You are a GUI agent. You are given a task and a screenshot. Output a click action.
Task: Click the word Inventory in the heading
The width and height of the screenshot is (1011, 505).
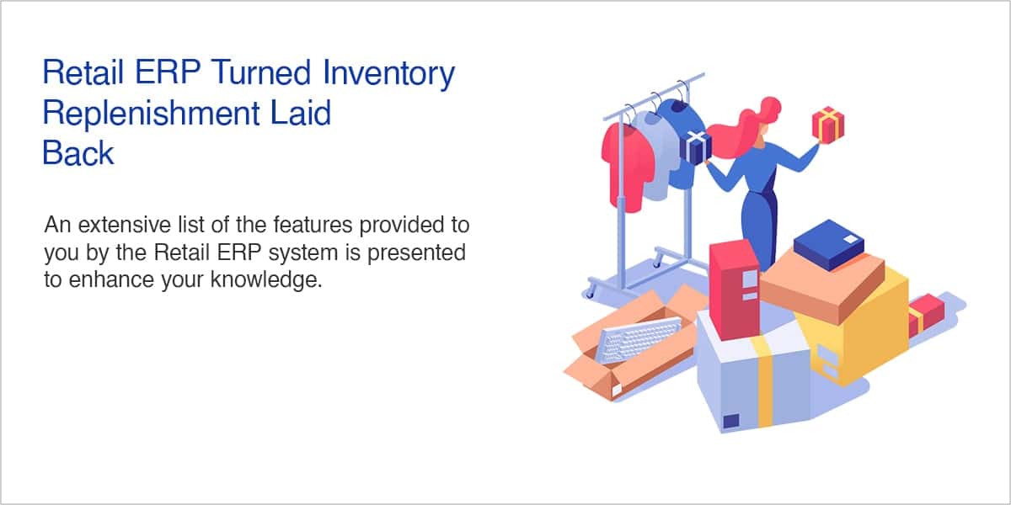388,73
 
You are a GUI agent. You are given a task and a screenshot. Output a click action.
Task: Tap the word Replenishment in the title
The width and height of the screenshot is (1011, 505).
151,114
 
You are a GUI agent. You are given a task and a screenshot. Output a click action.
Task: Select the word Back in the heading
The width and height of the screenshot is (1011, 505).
78,153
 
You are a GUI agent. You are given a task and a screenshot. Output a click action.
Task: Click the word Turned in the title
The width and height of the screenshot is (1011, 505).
261,72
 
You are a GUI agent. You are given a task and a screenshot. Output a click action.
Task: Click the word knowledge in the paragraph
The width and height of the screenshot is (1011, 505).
266,279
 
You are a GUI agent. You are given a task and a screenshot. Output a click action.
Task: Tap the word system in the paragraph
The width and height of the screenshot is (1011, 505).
302,253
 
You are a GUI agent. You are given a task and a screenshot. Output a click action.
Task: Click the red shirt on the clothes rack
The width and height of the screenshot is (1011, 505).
629,165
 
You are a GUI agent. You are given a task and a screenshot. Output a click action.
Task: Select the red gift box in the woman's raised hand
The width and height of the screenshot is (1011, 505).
827,125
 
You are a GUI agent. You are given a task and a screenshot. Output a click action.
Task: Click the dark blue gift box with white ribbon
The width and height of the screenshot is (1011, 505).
696,148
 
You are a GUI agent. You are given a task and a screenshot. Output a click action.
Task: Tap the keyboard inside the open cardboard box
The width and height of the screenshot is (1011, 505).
639,339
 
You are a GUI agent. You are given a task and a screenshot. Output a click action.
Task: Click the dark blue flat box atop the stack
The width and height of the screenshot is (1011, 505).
829,244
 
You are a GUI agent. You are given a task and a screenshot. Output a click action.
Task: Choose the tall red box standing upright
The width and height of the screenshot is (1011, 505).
735,290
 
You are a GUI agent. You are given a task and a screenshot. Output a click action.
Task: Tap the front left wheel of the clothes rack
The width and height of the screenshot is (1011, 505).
590,293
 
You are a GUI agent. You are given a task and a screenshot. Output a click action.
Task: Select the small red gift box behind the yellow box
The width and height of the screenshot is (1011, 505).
925,315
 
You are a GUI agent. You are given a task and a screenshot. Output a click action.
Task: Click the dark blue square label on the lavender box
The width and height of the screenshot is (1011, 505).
731,421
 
